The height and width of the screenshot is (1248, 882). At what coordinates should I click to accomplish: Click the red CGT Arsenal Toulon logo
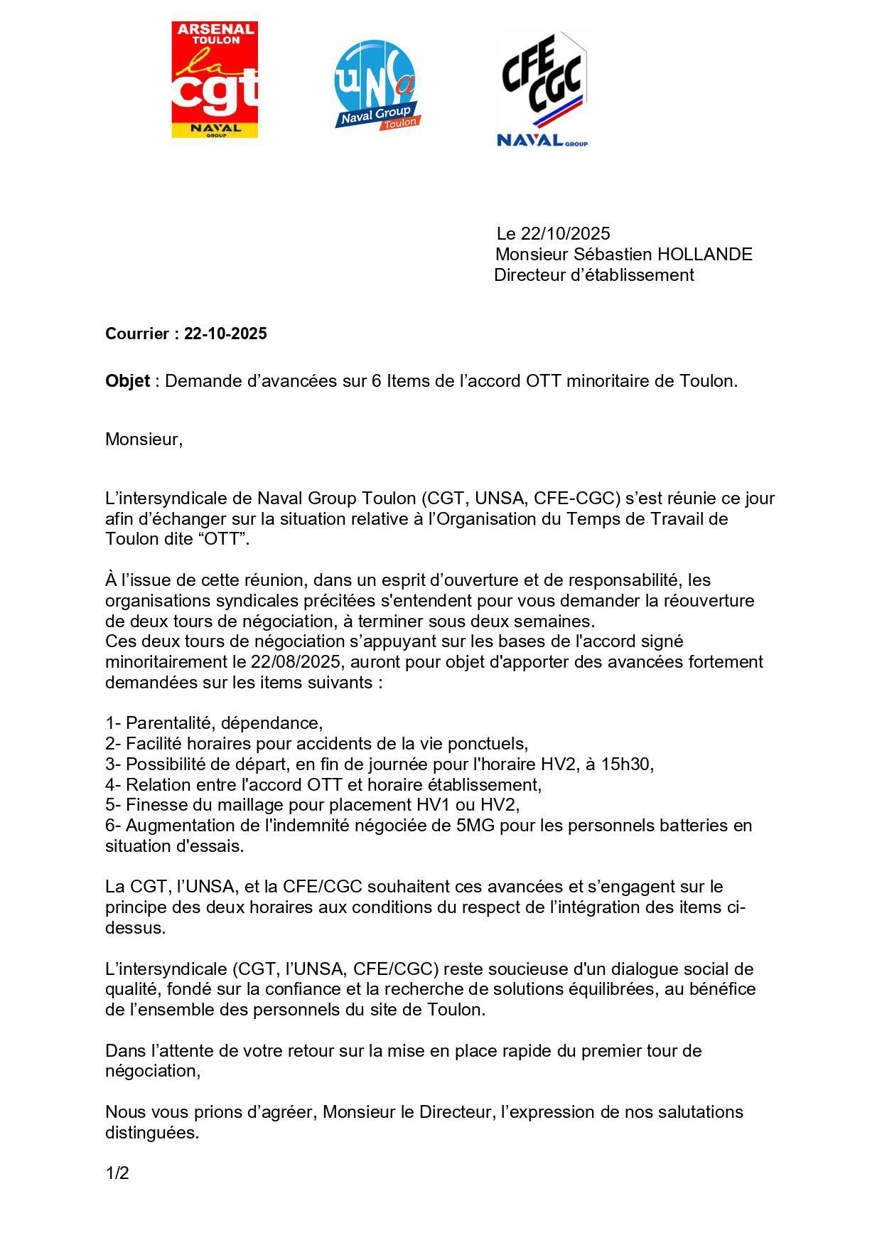[214, 79]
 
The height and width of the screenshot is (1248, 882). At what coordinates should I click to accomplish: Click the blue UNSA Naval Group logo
[376, 85]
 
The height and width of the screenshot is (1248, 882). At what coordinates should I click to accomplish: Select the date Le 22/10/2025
[553, 233]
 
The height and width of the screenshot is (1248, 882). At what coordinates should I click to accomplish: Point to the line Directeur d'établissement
[593, 274]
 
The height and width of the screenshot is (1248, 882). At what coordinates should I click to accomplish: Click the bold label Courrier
[138, 334]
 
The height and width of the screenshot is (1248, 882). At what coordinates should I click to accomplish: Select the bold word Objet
[127, 380]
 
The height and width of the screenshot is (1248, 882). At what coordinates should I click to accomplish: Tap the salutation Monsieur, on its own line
[144, 439]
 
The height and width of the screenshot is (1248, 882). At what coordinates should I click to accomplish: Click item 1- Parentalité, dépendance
[214, 722]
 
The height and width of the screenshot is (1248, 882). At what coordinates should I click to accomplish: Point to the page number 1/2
[117, 1173]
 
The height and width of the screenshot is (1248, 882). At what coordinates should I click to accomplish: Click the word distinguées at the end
[151, 1132]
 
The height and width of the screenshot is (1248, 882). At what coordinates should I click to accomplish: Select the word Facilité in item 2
[155, 743]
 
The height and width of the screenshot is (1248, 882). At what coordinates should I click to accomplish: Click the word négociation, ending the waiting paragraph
[153, 1070]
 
